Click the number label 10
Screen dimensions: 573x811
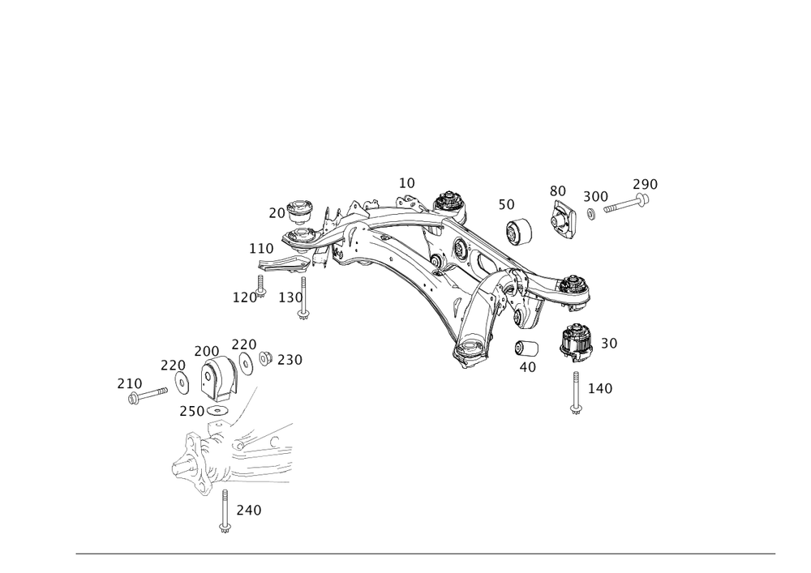pyautogui.click(x=406, y=183)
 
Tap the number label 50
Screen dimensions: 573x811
pyautogui.click(x=506, y=204)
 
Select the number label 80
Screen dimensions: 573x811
pyautogui.click(x=557, y=190)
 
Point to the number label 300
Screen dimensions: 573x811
pyautogui.click(x=596, y=196)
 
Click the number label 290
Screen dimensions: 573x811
pyautogui.click(x=645, y=183)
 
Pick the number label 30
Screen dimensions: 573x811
pyautogui.click(x=608, y=344)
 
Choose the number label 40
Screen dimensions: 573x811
pyautogui.click(x=527, y=366)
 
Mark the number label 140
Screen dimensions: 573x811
pyautogui.click(x=600, y=389)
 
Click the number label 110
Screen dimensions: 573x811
pyautogui.click(x=261, y=247)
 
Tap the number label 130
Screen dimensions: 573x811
pyautogui.click(x=290, y=297)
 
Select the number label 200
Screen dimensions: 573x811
pyautogui.click(x=206, y=350)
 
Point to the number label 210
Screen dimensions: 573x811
pyautogui.click(x=130, y=383)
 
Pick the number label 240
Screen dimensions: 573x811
pyautogui.click(x=248, y=511)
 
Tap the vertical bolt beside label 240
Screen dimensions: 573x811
pyautogui.click(x=224, y=511)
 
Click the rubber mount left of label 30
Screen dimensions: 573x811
pyautogui.click(x=576, y=340)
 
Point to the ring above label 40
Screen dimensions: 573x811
pyautogui.click(x=526, y=348)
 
